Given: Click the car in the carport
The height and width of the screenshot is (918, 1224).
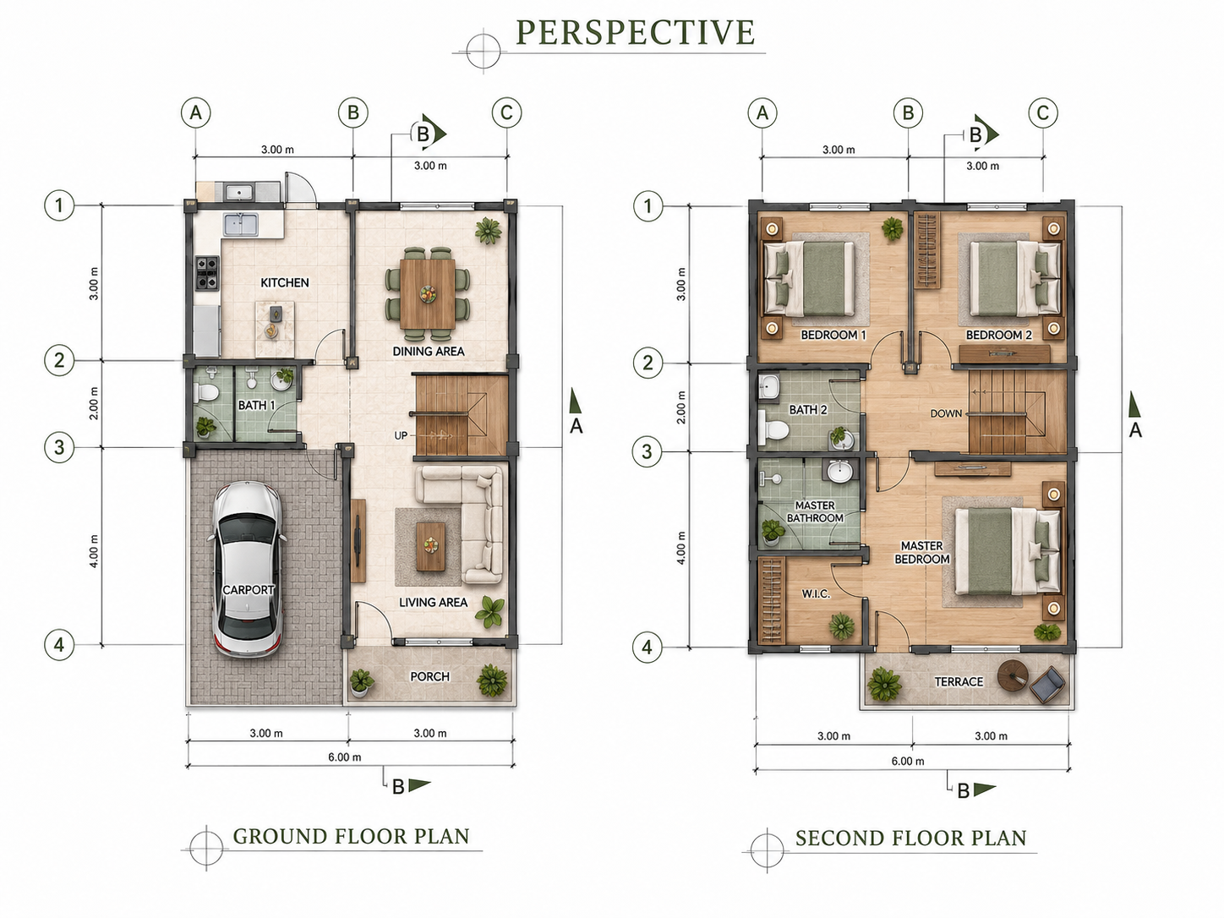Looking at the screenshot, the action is point(248,568).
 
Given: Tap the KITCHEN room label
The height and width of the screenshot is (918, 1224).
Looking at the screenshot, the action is point(284,282).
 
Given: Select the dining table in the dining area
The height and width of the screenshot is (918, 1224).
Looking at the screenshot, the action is point(427,293).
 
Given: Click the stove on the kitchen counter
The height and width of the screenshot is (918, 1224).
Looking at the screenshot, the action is point(207,272).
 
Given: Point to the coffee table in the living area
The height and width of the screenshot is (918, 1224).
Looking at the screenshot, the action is point(430,546).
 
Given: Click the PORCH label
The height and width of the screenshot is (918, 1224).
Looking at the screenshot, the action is point(429,676).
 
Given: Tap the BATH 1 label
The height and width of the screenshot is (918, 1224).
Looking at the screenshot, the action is point(256,405).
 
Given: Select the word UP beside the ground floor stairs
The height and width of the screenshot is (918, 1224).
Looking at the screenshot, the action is point(401,435).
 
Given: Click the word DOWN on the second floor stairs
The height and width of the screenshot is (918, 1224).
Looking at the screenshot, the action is point(946,413).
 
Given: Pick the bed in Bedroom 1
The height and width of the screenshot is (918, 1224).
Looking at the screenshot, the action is point(809,277).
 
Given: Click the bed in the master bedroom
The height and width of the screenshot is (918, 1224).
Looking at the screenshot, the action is point(1008,550).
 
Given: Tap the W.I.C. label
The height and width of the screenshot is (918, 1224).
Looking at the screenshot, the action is point(817,594).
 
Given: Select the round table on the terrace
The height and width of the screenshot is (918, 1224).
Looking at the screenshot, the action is point(1012,675).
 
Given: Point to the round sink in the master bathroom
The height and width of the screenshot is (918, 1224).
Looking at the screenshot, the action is point(839,473).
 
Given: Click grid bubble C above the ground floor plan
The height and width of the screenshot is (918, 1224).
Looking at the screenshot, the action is point(506,113).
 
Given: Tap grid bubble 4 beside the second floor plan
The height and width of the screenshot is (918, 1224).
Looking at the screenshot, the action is point(647,648).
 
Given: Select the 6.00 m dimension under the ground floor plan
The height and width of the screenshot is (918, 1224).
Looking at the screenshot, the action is point(344,757).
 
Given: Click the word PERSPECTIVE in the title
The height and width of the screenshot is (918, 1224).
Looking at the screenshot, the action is point(636,32).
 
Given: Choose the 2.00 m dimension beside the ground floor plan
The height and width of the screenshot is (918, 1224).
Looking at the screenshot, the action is point(94,403).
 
